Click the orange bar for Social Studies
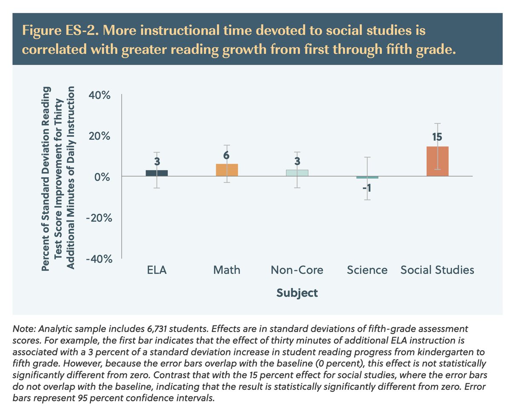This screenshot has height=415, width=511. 437,161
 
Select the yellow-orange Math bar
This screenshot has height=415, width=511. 227,170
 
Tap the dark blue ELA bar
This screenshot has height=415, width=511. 157,173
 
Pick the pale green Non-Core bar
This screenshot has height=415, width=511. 297,173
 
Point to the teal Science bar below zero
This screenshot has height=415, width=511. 367,177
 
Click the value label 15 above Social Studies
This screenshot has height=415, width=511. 437,137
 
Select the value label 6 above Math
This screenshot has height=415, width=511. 227,156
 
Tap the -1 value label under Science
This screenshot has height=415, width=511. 367,187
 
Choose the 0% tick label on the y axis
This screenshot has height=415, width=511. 103,177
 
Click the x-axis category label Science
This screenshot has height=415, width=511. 367,270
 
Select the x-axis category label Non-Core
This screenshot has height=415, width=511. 297,270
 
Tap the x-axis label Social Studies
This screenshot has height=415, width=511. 437,270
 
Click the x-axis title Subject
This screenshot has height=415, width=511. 297,293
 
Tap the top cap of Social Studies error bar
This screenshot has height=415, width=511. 437,124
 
